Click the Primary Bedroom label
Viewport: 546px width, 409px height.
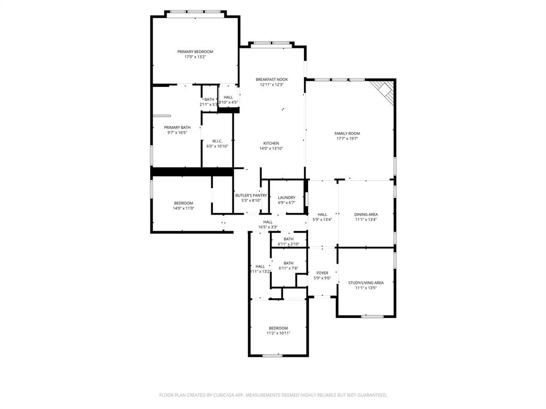tap(195, 52)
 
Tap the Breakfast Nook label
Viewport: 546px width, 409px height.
tap(271, 79)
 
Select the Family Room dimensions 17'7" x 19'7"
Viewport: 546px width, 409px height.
tap(347, 138)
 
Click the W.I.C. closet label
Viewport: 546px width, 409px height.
tap(217, 141)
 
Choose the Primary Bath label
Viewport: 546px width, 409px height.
tap(177, 127)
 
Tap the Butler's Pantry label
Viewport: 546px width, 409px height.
tap(251, 195)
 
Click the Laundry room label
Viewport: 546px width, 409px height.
tap(286, 198)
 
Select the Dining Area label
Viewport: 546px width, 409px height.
tap(366, 215)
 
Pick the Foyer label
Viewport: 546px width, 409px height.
tap(322, 273)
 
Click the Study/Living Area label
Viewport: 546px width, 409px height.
tap(366, 283)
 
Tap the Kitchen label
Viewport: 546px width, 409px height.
tap(271, 143)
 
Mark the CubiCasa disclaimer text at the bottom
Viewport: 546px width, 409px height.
tap(273, 395)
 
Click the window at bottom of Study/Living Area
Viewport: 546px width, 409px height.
tap(372, 316)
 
